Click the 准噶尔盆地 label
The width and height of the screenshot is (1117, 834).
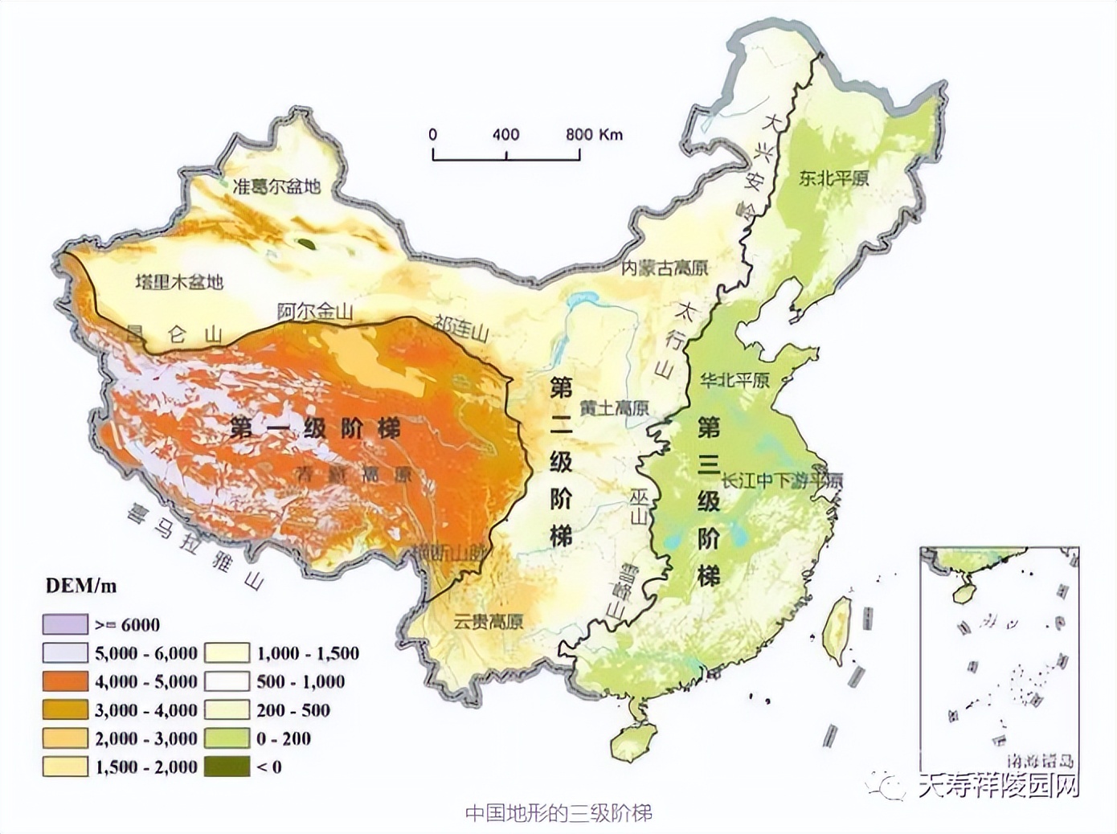click(276, 186)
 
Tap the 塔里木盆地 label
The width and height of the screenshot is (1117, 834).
click(178, 282)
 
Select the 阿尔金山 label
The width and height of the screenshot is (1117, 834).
click(314, 312)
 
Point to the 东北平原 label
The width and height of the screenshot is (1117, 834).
click(833, 178)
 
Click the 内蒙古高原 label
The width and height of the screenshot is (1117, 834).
click(665, 268)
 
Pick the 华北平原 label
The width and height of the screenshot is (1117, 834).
click(734, 379)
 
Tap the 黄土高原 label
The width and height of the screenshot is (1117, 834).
click(614, 407)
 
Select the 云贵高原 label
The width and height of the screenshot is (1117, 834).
click(488, 621)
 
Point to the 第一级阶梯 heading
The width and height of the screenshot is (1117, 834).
click(314, 427)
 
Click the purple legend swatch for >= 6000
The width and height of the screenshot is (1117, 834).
click(65, 624)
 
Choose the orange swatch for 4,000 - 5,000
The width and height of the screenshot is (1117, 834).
click(65, 681)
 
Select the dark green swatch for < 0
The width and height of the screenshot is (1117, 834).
click(227, 767)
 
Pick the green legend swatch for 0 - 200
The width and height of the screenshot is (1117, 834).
click(227, 738)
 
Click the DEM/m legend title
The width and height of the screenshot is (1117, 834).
click(81, 586)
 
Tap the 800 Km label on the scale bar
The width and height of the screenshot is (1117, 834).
click(594, 134)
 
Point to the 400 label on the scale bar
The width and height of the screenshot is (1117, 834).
click(505, 134)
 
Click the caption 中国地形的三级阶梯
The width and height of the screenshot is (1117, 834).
click(558, 813)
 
